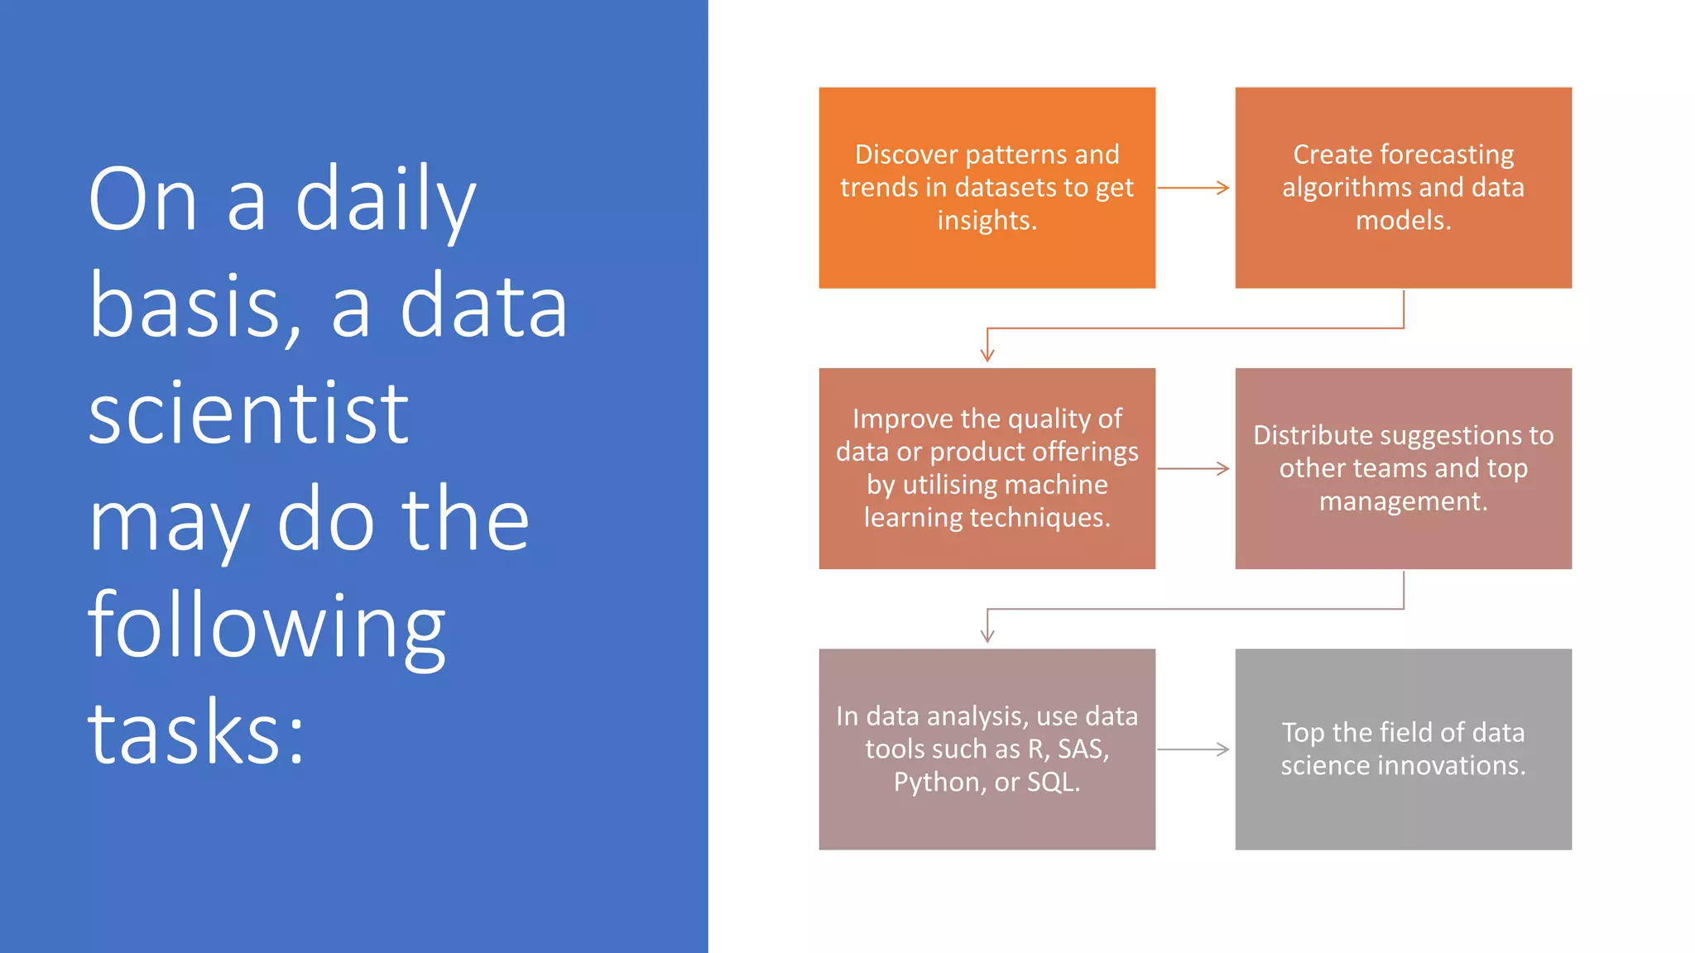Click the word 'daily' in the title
coord(386,201)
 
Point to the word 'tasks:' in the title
coord(197,733)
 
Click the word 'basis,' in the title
coord(194,308)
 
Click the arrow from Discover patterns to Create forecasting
coord(1193,188)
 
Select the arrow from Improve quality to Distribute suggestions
coord(1193,468)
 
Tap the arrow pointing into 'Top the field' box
coord(1193,749)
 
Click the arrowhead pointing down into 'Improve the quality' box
coord(987,356)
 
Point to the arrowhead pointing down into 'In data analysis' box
coord(987,636)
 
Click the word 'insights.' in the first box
coord(987,221)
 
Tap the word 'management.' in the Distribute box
coord(1403,501)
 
